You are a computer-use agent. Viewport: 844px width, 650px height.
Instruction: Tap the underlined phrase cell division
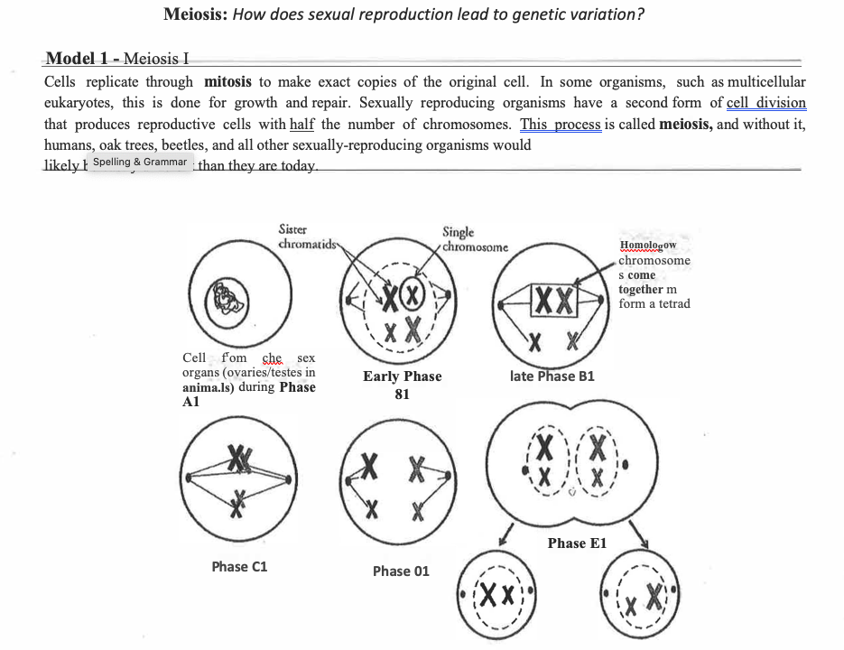[x=765, y=103]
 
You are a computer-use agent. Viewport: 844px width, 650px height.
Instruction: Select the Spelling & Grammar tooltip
[x=139, y=162]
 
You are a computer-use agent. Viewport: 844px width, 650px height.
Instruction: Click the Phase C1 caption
[x=239, y=567]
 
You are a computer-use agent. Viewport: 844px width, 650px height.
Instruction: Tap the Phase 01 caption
[x=401, y=571]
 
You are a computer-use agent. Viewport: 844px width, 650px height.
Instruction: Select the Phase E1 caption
[x=577, y=543]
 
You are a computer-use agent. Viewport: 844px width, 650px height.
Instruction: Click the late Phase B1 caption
[x=552, y=376]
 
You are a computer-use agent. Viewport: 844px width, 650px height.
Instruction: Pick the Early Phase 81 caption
[x=403, y=385]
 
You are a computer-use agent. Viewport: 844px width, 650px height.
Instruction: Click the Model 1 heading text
[x=117, y=60]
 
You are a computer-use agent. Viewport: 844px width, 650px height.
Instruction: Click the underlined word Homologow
[x=648, y=246]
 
